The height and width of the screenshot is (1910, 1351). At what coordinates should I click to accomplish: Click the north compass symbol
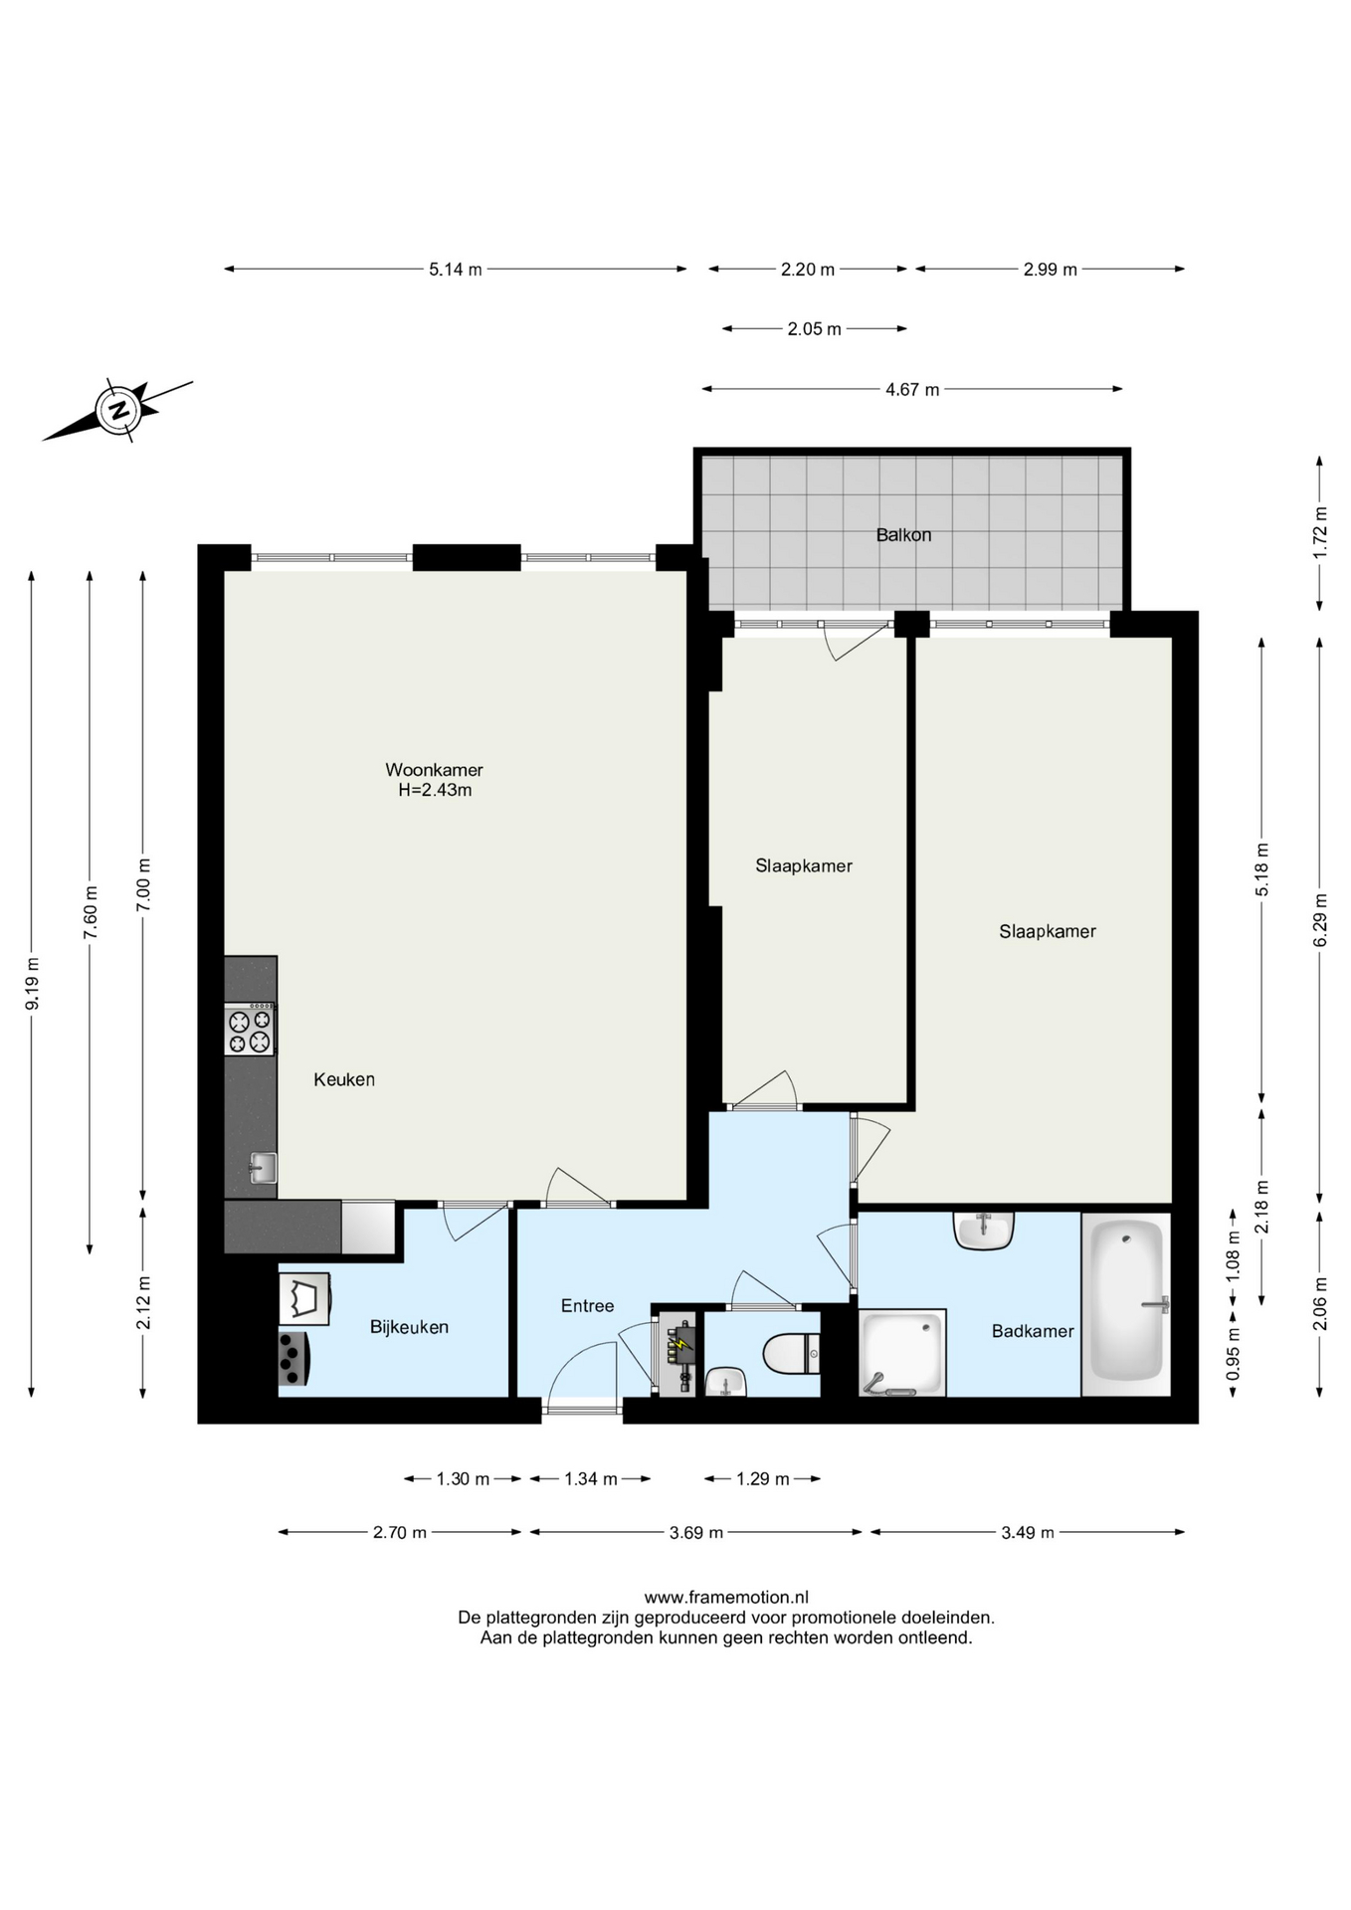pyautogui.click(x=118, y=410)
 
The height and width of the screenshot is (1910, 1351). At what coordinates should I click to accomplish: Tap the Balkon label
pyautogui.click(x=903, y=535)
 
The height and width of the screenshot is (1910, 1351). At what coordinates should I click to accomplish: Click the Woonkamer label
pyautogui.click(x=434, y=770)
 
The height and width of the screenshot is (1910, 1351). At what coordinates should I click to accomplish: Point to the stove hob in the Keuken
pyautogui.click(x=250, y=1030)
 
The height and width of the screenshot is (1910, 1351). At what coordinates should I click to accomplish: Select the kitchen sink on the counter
pyautogui.click(x=262, y=1168)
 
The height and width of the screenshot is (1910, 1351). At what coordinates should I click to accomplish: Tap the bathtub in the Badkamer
pyautogui.click(x=1126, y=1303)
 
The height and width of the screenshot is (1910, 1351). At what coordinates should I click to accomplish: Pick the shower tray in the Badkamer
pyautogui.click(x=902, y=1353)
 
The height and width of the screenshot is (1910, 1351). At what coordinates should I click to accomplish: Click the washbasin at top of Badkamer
pyautogui.click(x=983, y=1231)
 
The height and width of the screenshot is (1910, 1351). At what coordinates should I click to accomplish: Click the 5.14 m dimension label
pyautogui.click(x=456, y=270)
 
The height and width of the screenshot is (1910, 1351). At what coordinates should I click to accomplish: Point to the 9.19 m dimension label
pyautogui.click(x=33, y=983)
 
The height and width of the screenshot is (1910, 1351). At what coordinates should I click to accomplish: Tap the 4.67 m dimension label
pyautogui.click(x=912, y=390)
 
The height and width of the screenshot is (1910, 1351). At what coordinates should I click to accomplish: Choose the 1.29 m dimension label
pyautogui.click(x=763, y=1479)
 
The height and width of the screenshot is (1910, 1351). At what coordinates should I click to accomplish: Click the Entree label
pyautogui.click(x=587, y=1306)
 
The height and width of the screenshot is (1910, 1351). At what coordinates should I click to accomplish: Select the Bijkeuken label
pyautogui.click(x=409, y=1327)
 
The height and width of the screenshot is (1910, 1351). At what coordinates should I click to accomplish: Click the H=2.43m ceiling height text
pyautogui.click(x=435, y=791)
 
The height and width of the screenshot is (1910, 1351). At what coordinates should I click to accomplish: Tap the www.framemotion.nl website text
pyautogui.click(x=725, y=1599)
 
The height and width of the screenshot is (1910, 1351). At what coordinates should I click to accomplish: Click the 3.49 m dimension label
pyautogui.click(x=1028, y=1533)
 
